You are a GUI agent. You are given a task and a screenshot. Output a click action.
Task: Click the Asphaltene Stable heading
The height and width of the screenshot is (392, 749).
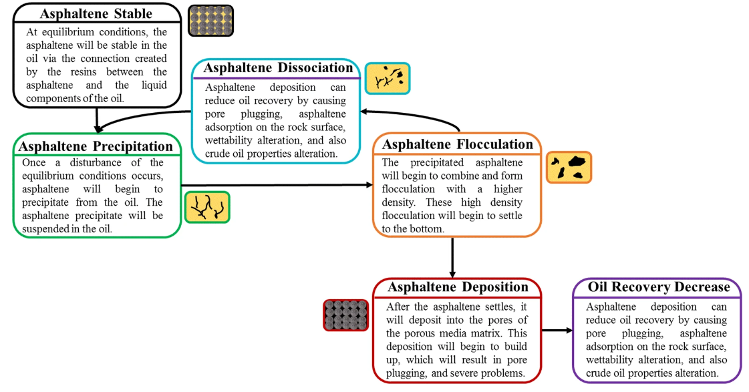[96, 13]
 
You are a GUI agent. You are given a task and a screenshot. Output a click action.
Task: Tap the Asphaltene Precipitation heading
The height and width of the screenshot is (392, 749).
[96, 146]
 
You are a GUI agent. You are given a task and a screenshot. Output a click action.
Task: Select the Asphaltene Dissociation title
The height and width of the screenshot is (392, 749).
[278, 68]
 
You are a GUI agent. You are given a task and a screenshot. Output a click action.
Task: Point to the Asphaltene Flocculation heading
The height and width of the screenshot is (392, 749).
[457, 144]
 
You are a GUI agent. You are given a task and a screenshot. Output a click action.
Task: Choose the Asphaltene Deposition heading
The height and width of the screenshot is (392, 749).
[458, 287]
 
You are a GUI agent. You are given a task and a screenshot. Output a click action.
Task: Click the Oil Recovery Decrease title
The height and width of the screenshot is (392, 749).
[659, 287]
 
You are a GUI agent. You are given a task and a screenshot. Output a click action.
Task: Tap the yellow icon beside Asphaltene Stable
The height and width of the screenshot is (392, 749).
[210, 21]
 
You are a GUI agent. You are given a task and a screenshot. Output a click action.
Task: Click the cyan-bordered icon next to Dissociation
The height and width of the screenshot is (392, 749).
[388, 78]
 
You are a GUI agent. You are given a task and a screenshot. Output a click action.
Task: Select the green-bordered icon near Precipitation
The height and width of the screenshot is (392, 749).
[207, 207]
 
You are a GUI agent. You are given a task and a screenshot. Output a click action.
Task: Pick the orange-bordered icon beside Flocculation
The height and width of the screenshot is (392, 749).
[569, 168]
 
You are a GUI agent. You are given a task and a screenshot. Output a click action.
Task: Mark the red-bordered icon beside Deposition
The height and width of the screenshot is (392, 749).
[346, 315]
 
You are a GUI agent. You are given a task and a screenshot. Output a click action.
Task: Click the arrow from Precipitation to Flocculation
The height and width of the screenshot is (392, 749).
[277, 185]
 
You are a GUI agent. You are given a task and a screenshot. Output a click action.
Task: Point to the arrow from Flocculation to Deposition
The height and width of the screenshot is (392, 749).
[452, 257]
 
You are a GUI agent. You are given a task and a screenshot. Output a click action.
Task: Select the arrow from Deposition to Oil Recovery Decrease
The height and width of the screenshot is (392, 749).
[557, 330]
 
